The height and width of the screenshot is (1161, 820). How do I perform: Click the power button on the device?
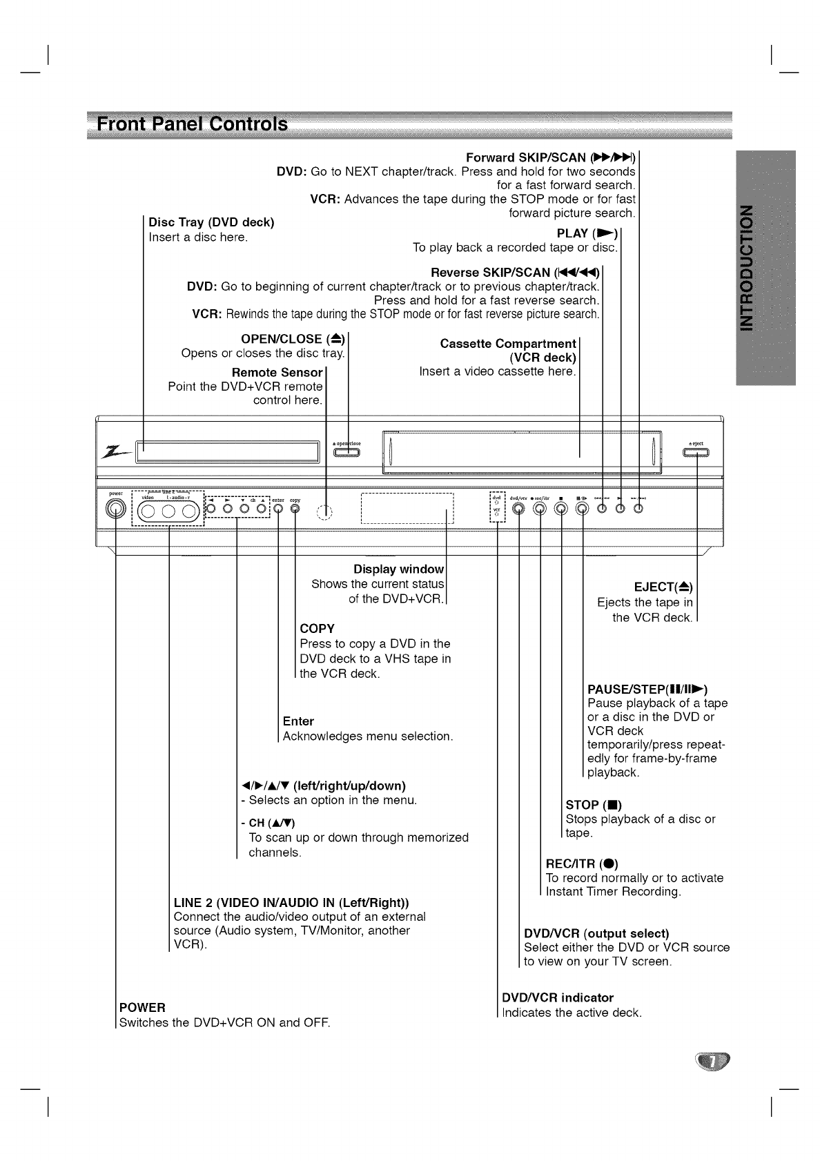(x=116, y=509)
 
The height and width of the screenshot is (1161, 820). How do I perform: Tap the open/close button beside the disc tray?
(x=348, y=453)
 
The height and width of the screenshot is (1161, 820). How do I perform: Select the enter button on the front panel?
(x=277, y=509)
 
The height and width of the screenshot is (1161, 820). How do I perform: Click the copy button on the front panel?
(x=295, y=509)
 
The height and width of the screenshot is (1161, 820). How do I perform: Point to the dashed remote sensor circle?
(x=325, y=511)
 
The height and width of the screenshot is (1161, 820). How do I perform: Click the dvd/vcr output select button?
(x=519, y=509)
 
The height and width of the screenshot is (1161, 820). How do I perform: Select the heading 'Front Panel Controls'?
(x=193, y=125)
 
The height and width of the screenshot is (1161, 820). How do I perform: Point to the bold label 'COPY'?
(x=317, y=629)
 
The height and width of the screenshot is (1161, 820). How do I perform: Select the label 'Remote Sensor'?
(x=277, y=373)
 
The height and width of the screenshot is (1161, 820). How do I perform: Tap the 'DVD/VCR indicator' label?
(x=558, y=997)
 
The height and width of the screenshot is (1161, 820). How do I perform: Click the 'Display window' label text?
(x=398, y=569)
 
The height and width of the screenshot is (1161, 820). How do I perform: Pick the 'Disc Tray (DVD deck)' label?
(x=212, y=222)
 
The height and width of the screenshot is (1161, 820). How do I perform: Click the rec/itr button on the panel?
(x=540, y=509)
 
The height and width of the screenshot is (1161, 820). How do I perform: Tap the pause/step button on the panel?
(x=583, y=509)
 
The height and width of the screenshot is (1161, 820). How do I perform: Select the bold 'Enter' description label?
(x=298, y=721)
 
